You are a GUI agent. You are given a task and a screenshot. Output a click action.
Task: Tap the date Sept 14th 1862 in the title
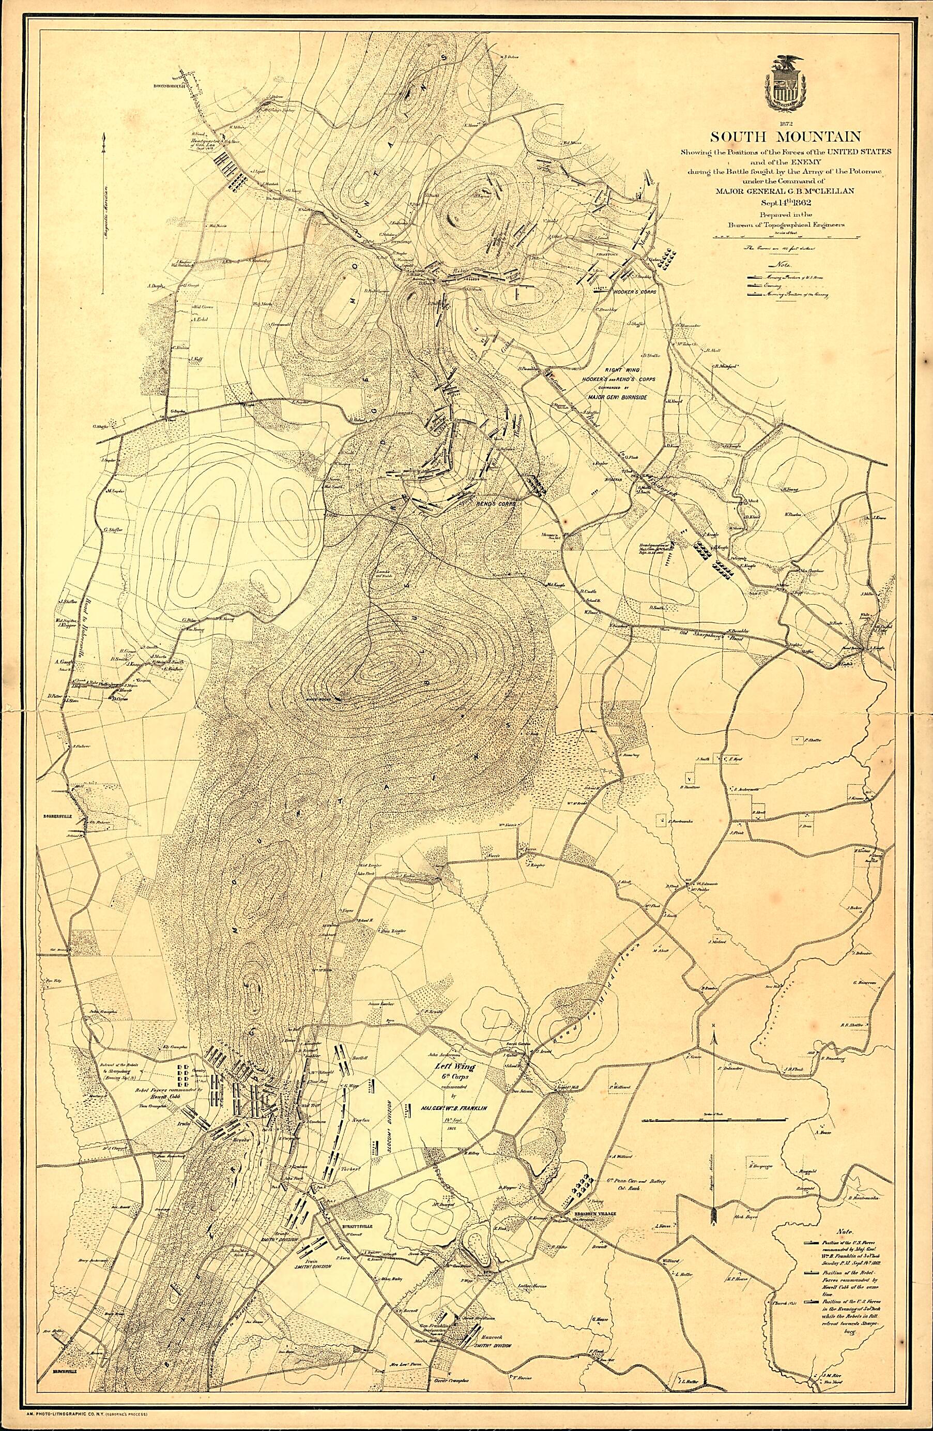[789, 203]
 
